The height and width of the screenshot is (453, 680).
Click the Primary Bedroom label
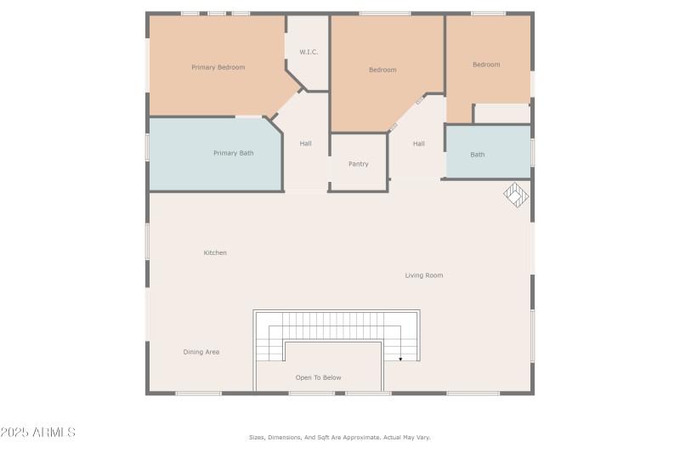pyautogui.click(x=218, y=67)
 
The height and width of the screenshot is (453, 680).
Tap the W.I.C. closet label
pyautogui.click(x=308, y=52)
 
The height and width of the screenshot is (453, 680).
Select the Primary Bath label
pyautogui.click(x=233, y=153)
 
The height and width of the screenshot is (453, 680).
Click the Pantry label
pyautogui.click(x=358, y=163)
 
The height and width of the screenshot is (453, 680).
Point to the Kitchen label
pyautogui.click(x=215, y=252)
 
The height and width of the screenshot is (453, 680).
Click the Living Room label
pyautogui.click(x=423, y=275)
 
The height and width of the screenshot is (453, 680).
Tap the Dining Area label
pyautogui.click(x=201, y=351)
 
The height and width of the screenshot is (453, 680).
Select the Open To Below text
pyautogui.click(x=319, y=377)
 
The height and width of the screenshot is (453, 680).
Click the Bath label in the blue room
pyautogui.click(x=478, y=154)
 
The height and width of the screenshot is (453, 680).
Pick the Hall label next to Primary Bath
pyautogui.click(x=305, y=144)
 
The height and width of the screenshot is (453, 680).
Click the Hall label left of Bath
pyautogui.click(x=418, y=144)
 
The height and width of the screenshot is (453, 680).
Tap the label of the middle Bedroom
pyautogui.click(x=382, y=70)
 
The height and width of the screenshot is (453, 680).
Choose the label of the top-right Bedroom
pyautogui.click(x=486, y=65)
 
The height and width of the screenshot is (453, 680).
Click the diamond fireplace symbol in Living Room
pyautogui.click(x=516, y=195)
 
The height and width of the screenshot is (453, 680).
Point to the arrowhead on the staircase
pyautogui.click(x=400, y=359)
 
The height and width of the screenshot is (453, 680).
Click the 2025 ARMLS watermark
pyautogui.click(x=38, y=433)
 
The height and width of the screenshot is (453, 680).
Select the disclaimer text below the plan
pyautogui.click(x=339, y=437)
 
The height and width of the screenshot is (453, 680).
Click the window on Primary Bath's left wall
pyautogui.click(x=148, y=147)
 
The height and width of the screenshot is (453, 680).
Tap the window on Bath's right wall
pyautogui.click(x=533, y=151)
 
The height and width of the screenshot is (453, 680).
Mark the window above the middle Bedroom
pyautogui.click(x=384, y=14)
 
